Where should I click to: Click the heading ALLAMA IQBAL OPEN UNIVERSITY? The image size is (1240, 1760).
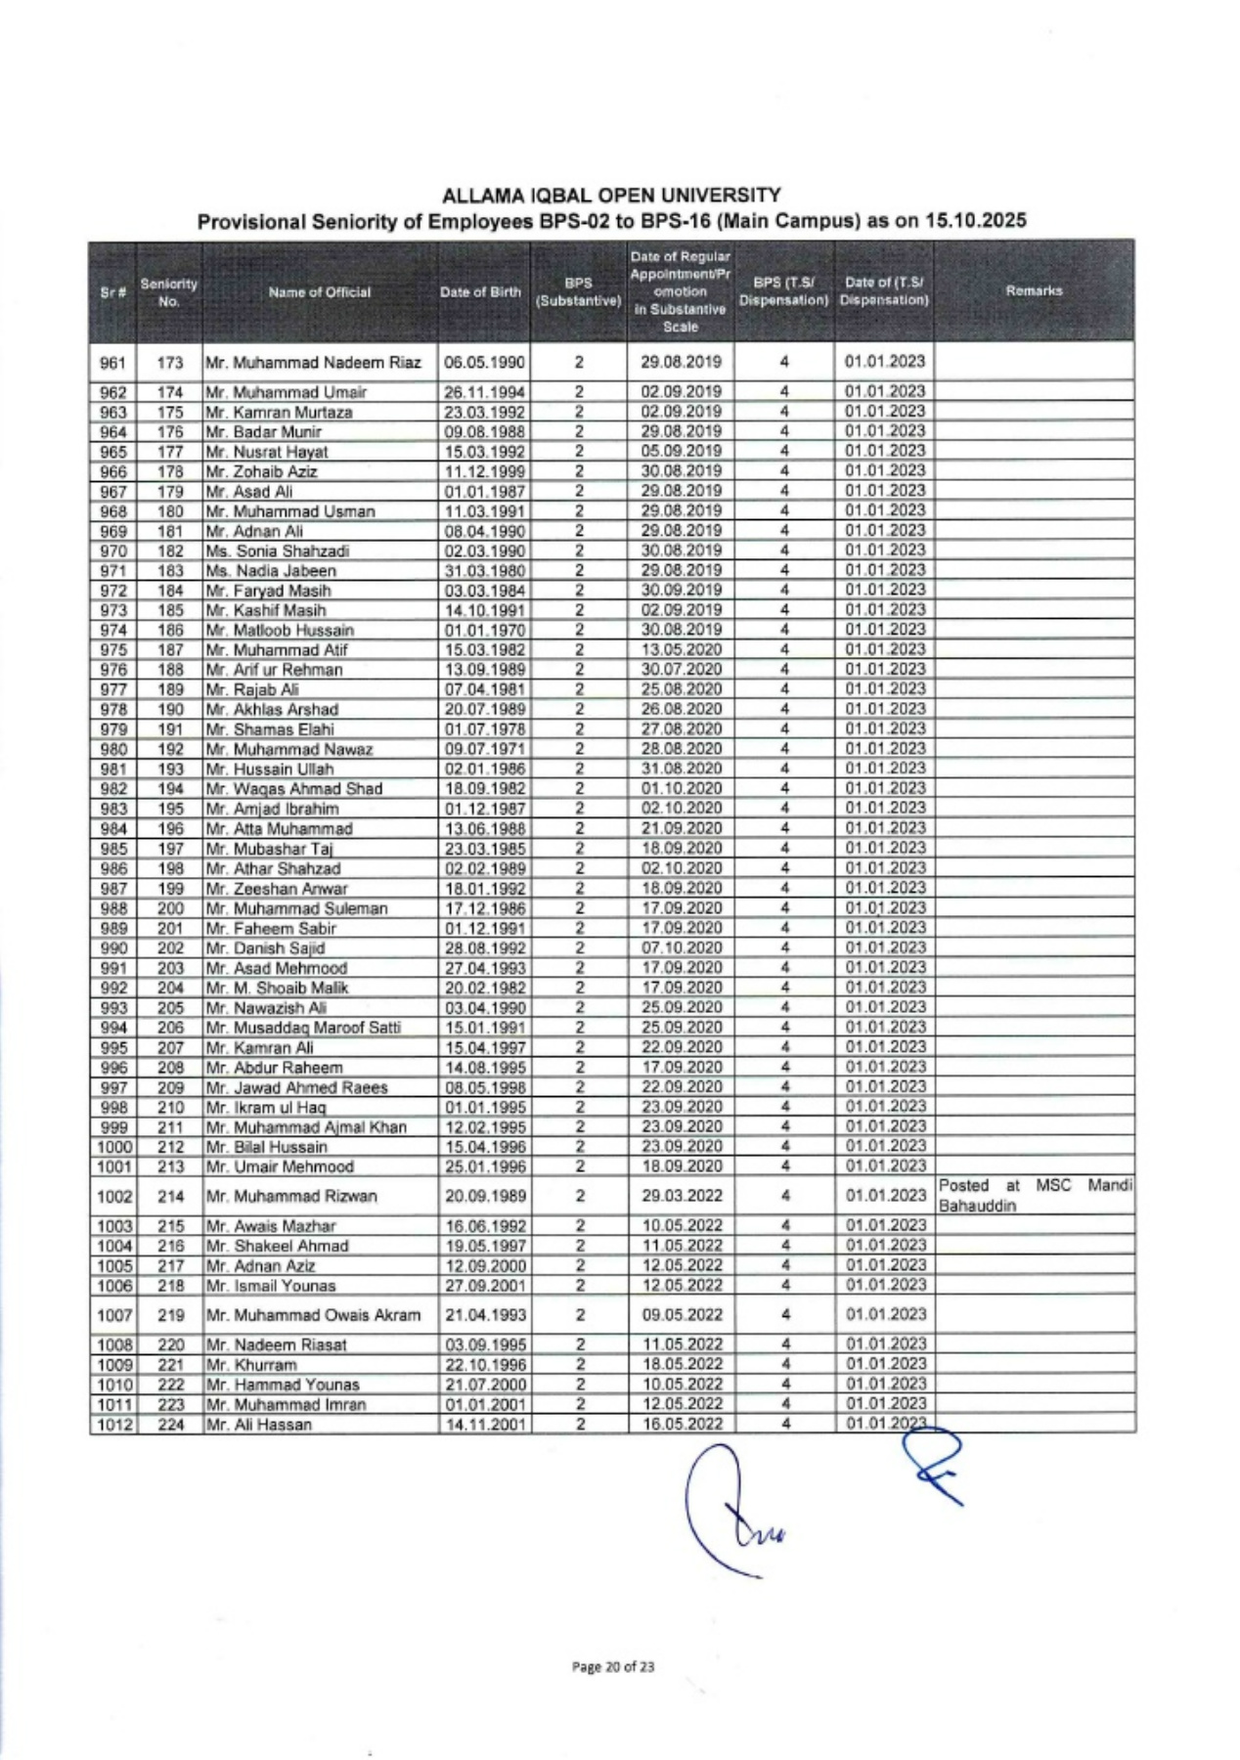(x=611, y=196)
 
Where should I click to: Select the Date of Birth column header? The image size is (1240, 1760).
(x=480, y=291)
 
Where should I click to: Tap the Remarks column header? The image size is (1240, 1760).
(x=1034, y=290)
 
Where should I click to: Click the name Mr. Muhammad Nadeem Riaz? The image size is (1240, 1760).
(x=313, y=363)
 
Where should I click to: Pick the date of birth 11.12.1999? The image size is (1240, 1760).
(x=485, y=471)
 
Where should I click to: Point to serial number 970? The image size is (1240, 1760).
(x=113, y=550)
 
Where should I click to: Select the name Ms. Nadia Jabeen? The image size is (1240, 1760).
(x=271, y=571)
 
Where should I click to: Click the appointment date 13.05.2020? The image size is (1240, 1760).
(x=681, y=649)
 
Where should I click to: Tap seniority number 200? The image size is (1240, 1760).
(x=170, y=908)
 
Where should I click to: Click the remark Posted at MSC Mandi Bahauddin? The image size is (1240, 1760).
(x=1034, y=1195)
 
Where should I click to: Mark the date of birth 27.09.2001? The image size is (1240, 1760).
(x=485, y=1286)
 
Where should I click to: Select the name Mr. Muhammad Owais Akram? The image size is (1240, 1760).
(x=313, y=1315)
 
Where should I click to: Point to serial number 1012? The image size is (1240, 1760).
(x=113, y=1425)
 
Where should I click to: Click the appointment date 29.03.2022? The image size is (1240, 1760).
(x=681, y=1196)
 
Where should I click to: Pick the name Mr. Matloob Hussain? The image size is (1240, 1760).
(x=280, y=631)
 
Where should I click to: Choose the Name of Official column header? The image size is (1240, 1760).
(x=320, y=291)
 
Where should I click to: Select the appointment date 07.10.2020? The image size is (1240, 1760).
(x=681, y=947)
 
